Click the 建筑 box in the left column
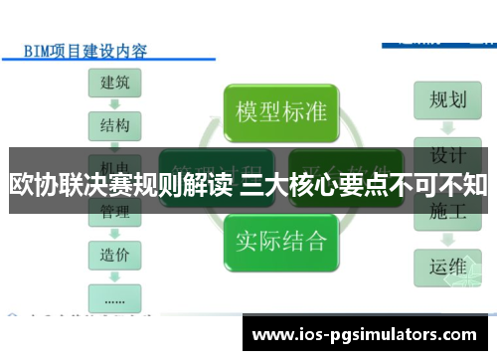[115, 83]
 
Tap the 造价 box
[115, 255]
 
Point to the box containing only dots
[115, 296]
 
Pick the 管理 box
[115, 212]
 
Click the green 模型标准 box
[281, 110]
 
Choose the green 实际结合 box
[281, 240]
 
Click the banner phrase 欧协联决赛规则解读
[121, 185]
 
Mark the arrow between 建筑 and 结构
[115, 104]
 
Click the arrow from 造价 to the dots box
[115, 275]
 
